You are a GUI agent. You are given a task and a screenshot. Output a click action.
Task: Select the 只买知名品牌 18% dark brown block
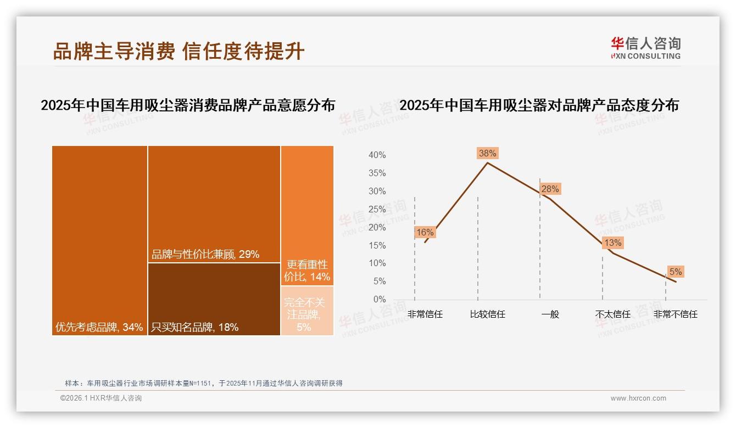pyautogui.click(x=214, y=299)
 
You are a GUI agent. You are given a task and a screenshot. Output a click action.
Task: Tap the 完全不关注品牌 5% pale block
pyautogui.click(x=307, y=311)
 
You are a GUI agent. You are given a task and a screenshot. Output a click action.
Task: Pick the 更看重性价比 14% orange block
pyautogui.click(x=307, y=215)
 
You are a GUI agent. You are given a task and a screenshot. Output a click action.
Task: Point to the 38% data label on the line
pyautogui.click(x=487, y=153)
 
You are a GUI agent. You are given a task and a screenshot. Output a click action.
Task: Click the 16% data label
pyautogui.click(x=425, y=232)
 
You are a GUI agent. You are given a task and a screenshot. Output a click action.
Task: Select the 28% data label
pyautogui.click(x=550, y=189)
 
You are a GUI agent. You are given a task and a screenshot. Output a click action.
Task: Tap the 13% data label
pyautogui.click(x=612, y=243)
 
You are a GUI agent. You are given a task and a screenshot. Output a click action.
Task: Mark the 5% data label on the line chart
pyautogui.click(x=675, y=272)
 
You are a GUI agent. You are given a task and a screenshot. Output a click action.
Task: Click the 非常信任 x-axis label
pyautogui.click(x=425, y=314)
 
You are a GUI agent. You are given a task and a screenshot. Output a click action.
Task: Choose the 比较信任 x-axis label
pyautogui.click(x=487, y=314)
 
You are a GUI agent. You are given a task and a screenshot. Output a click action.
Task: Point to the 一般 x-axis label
pyautogui.click(x=550, y=314)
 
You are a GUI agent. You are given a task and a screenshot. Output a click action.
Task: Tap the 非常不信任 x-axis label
pyautogui.click(x=675, y=314)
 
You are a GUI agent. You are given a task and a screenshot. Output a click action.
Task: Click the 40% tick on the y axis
pyautogui.click(x=377, y=155)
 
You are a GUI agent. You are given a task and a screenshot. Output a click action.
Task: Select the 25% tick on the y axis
pyautogui.click(x=377, y=209)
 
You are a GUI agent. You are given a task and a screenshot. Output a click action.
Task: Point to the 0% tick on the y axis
pyautogui.click(x=379, y=300)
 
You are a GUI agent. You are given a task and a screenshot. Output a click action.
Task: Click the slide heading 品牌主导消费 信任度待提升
pyautogui.click(x=179, y=51)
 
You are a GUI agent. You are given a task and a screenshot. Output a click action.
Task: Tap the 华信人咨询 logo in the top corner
pyautogui.click(x=645, y=48)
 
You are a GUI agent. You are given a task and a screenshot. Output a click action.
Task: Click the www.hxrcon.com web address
pyautogui.click(x=638, y=398)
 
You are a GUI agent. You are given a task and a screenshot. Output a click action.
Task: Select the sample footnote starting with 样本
pyautogui.click(x=204, y=383)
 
